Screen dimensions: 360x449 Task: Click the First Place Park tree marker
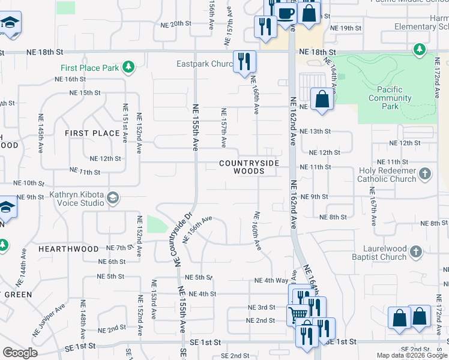[x=128, y=67]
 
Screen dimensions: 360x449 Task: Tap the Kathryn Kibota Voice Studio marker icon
[x=112, y=199]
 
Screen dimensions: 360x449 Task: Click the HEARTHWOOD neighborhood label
[x=68, y=248]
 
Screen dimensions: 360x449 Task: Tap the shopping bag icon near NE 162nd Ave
[x=322, y=98]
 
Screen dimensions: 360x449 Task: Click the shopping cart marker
[x=298, y=313]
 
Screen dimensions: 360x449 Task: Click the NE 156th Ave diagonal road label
[x=197, y=230]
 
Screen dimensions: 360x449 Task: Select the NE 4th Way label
[x=271, y=280]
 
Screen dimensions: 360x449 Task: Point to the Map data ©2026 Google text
[x=411, y=355]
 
